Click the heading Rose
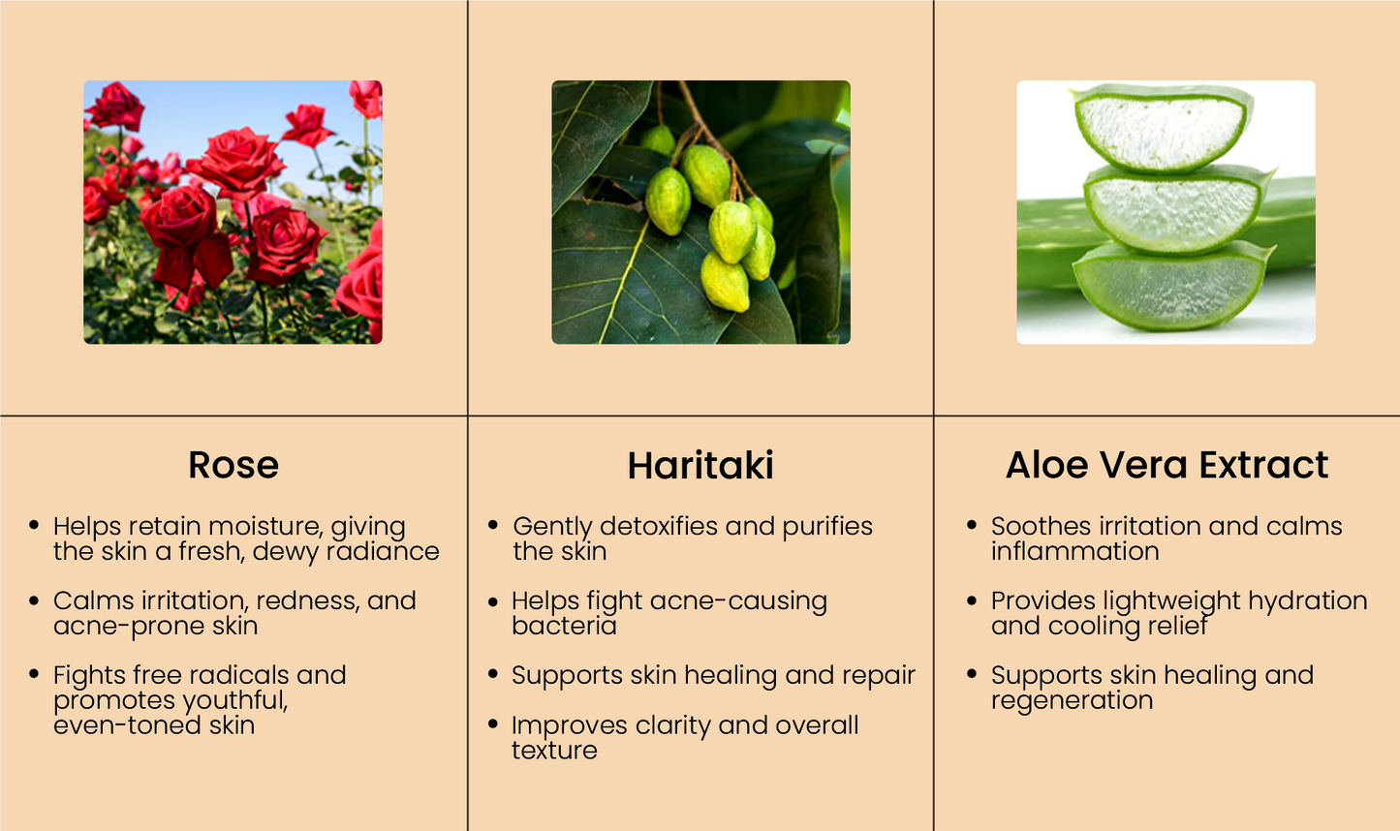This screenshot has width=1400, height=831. (233, 465)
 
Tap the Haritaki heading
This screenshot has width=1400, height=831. (700, 465)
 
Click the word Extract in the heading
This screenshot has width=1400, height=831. (1263, 465)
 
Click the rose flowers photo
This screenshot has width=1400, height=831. (233, 212)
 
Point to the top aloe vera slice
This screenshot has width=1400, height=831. (1163, 128)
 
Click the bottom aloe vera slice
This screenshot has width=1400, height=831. (1171, 288)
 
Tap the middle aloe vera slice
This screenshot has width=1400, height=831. (1176, 209)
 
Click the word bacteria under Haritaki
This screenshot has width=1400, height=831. (565, 626)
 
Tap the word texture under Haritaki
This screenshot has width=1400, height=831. (554, 750)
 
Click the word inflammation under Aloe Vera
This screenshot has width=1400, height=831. (1075, 551)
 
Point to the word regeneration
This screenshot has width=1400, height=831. (1072, 701)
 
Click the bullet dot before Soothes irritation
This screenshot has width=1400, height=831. (971, 525)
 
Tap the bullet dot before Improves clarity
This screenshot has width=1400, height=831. (493, 723)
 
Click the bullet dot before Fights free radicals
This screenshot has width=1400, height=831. (34, 673)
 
